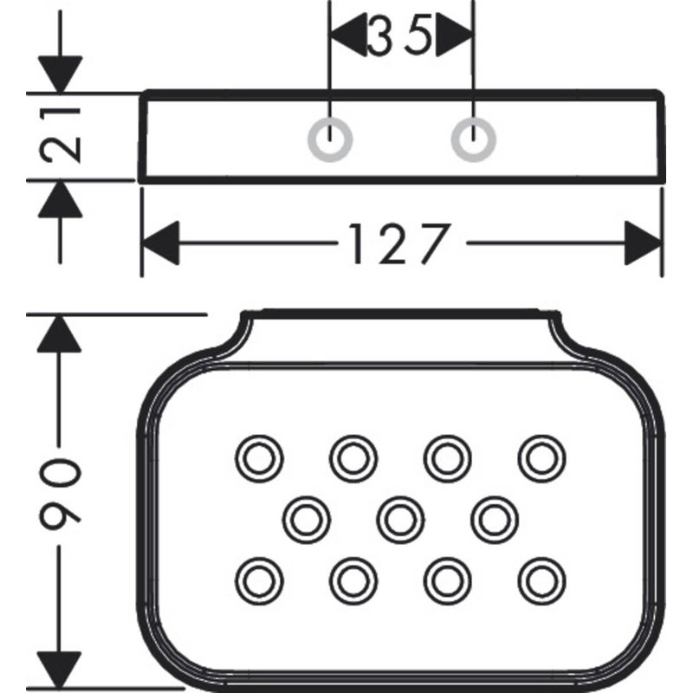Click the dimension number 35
[399, 35]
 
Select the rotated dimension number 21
[61, 134]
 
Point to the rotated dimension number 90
[61, 489]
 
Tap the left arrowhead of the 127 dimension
[160, 243]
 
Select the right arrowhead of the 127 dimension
[643, 243]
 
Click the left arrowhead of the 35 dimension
[349, 35]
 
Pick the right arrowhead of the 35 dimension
[454, 35]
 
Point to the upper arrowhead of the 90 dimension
[59, 334]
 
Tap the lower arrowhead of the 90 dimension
[59, 670]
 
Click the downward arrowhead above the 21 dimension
[60, 74]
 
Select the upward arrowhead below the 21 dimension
[60, 200]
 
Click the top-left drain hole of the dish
[259, 458]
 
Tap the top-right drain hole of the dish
[542, 458]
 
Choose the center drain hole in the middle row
[400, 519]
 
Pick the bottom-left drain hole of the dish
[259, 580]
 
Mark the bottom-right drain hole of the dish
[542, 580]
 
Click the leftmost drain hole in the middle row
[307, 519]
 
